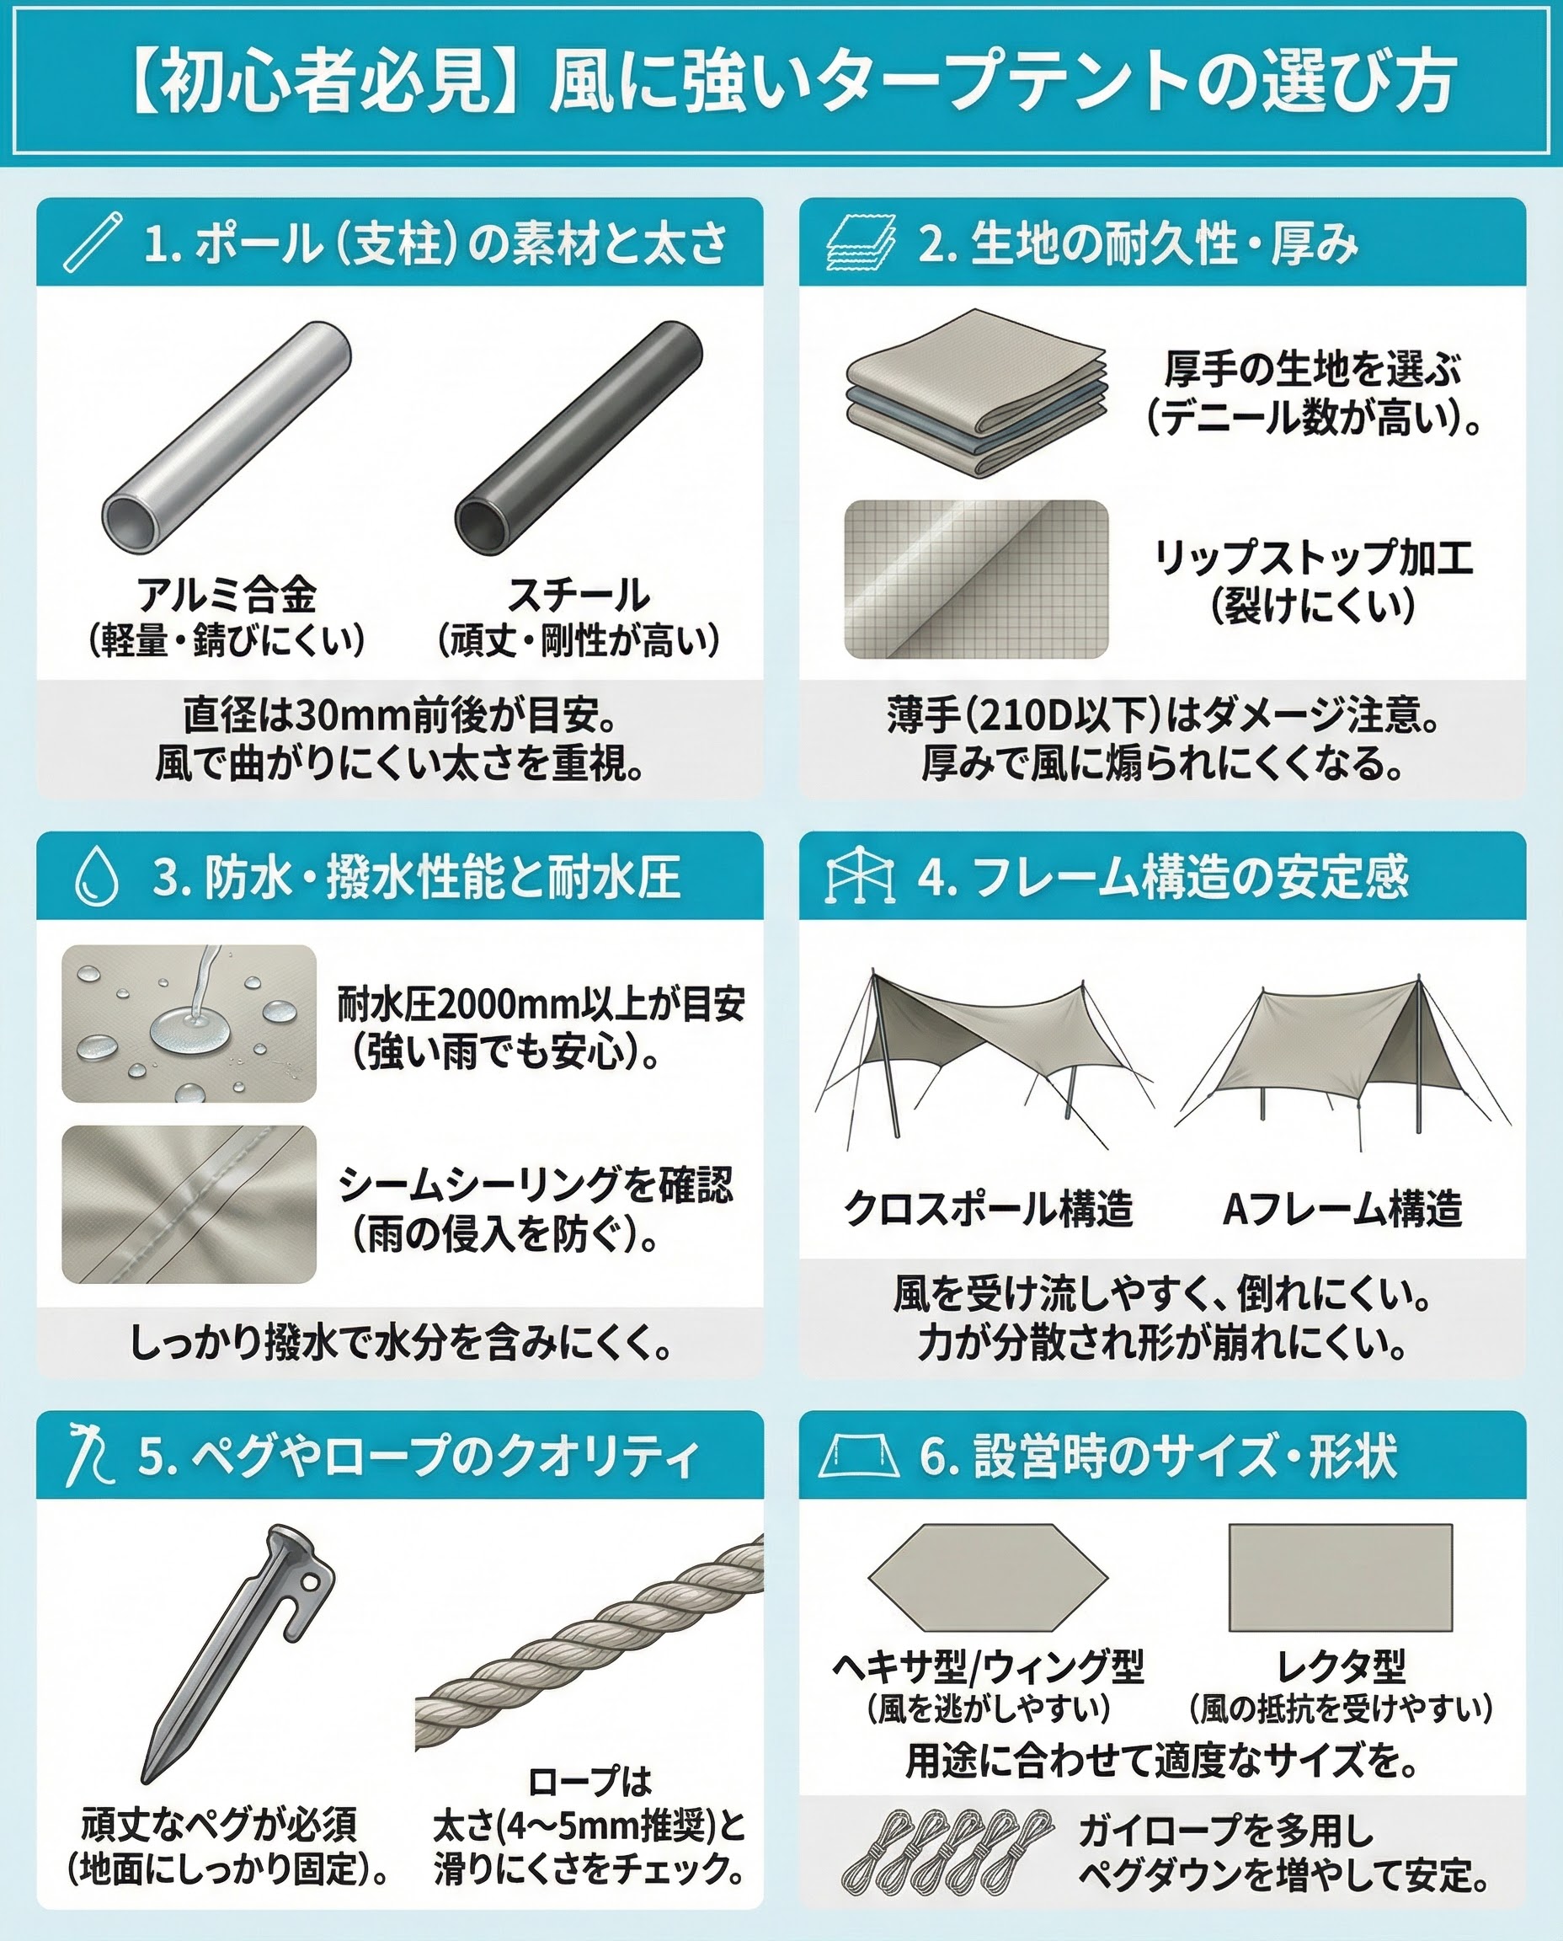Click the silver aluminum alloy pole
(x=226, y=437)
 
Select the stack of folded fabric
(x=976, y=394)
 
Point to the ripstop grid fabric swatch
(x=976, y=579)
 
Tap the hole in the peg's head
(x=309, y=1582)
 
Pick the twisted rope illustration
(x=589, y=1647)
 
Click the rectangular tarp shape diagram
(x=1341, y=1577)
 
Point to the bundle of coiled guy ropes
(x=948, y=1851)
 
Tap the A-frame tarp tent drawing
(x=1342, y=1061)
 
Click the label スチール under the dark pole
(x=579, y=595)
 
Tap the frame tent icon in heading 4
(x=860, y=874)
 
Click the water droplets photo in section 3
(x=189, y=1024)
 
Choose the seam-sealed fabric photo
(x=189, y=1204)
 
